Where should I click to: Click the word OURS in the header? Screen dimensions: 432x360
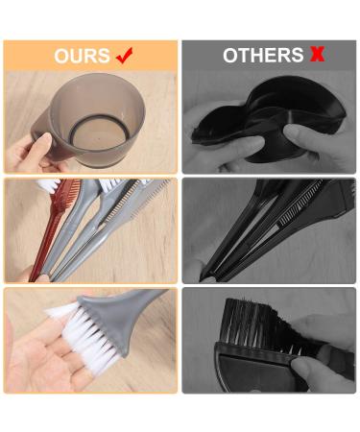coord(82,56)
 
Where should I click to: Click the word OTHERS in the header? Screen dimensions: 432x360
coord(262,56)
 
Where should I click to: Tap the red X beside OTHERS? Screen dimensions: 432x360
coord(316,55)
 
